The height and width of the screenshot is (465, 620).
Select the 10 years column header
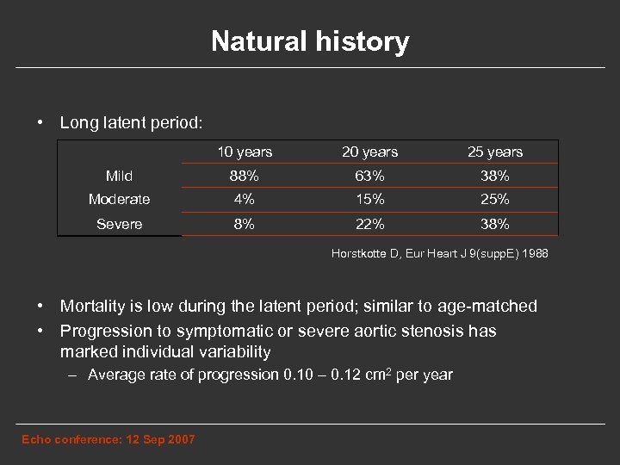coord(245,152)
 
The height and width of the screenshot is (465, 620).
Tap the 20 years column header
coord(369,152)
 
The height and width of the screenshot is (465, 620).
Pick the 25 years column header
coord(495,152)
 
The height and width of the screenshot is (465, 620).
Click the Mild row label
coord(119,177)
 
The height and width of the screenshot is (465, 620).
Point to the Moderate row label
coord(119,200)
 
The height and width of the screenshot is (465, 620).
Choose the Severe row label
coord(119,224)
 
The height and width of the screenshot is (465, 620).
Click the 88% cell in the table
coord(245,177)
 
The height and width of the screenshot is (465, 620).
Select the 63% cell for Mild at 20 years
coord(369,177)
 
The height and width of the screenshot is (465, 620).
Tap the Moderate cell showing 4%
coord(245,200)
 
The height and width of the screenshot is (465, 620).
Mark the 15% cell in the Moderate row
coord(369,200)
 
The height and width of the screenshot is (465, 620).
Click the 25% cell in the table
coord(495,200)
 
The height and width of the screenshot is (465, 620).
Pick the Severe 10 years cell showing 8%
coord(245,224)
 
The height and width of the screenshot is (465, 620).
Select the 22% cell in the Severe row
coord(369,224)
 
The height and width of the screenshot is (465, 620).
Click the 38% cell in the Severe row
coord(495,224)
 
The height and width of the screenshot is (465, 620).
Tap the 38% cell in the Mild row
coord(495,177)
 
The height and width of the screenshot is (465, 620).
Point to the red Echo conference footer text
coord(108,440)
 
